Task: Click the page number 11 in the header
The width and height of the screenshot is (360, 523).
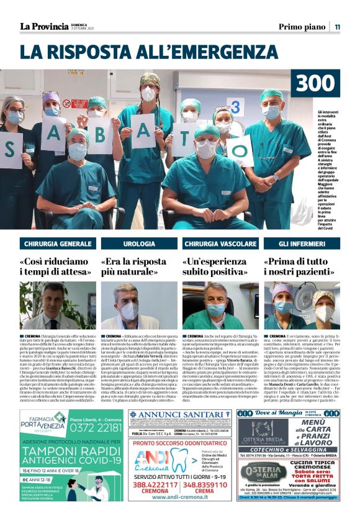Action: [338, 27]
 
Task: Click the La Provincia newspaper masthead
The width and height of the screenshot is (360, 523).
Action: [44, 26]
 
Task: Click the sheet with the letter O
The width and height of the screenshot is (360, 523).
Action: [240, 150]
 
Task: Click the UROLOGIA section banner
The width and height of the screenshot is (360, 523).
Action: [139, 243]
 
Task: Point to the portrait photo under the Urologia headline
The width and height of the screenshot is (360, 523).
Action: [139, 306]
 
